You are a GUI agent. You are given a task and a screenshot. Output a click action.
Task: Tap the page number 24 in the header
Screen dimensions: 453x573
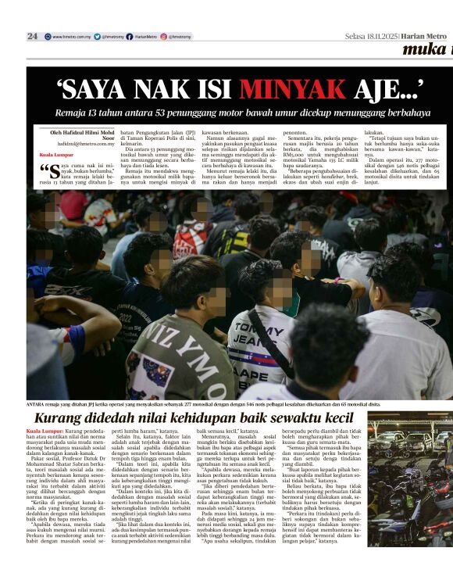coord(32,36)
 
